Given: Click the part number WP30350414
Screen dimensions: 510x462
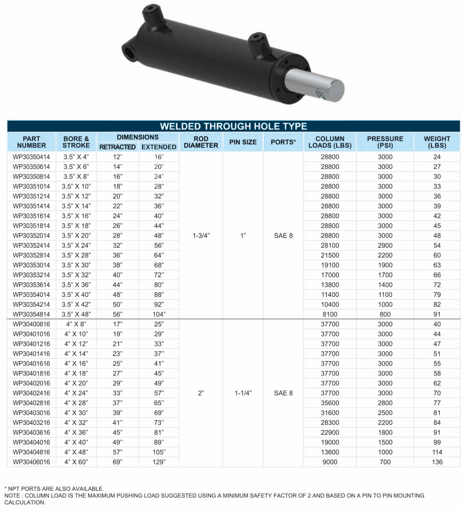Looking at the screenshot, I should tap(31, 157).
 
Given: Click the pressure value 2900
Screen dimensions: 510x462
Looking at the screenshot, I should tap(385, 245).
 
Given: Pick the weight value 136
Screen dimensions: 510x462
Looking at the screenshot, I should tap(437, 462).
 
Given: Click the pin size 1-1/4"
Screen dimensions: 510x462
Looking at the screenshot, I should tap(243, 393).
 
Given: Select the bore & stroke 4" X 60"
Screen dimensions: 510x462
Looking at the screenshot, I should tap(76, 462).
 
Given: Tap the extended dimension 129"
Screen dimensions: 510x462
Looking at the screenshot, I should tap(159, 462).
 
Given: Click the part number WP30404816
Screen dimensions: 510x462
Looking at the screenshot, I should tap(31, 452).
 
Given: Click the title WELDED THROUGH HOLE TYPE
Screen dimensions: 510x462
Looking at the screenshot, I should tap(233, 126).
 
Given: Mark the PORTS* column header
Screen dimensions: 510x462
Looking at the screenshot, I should tap(283, 142).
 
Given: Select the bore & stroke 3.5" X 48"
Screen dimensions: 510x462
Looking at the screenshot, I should tap(76, 314).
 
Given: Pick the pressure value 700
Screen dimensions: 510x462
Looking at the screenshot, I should tap(385, 462).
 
